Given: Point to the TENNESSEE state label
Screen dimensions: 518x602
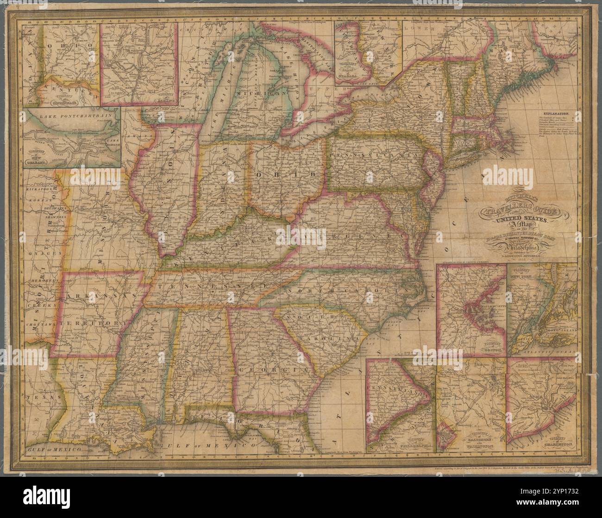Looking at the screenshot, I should (x=211, y=287).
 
